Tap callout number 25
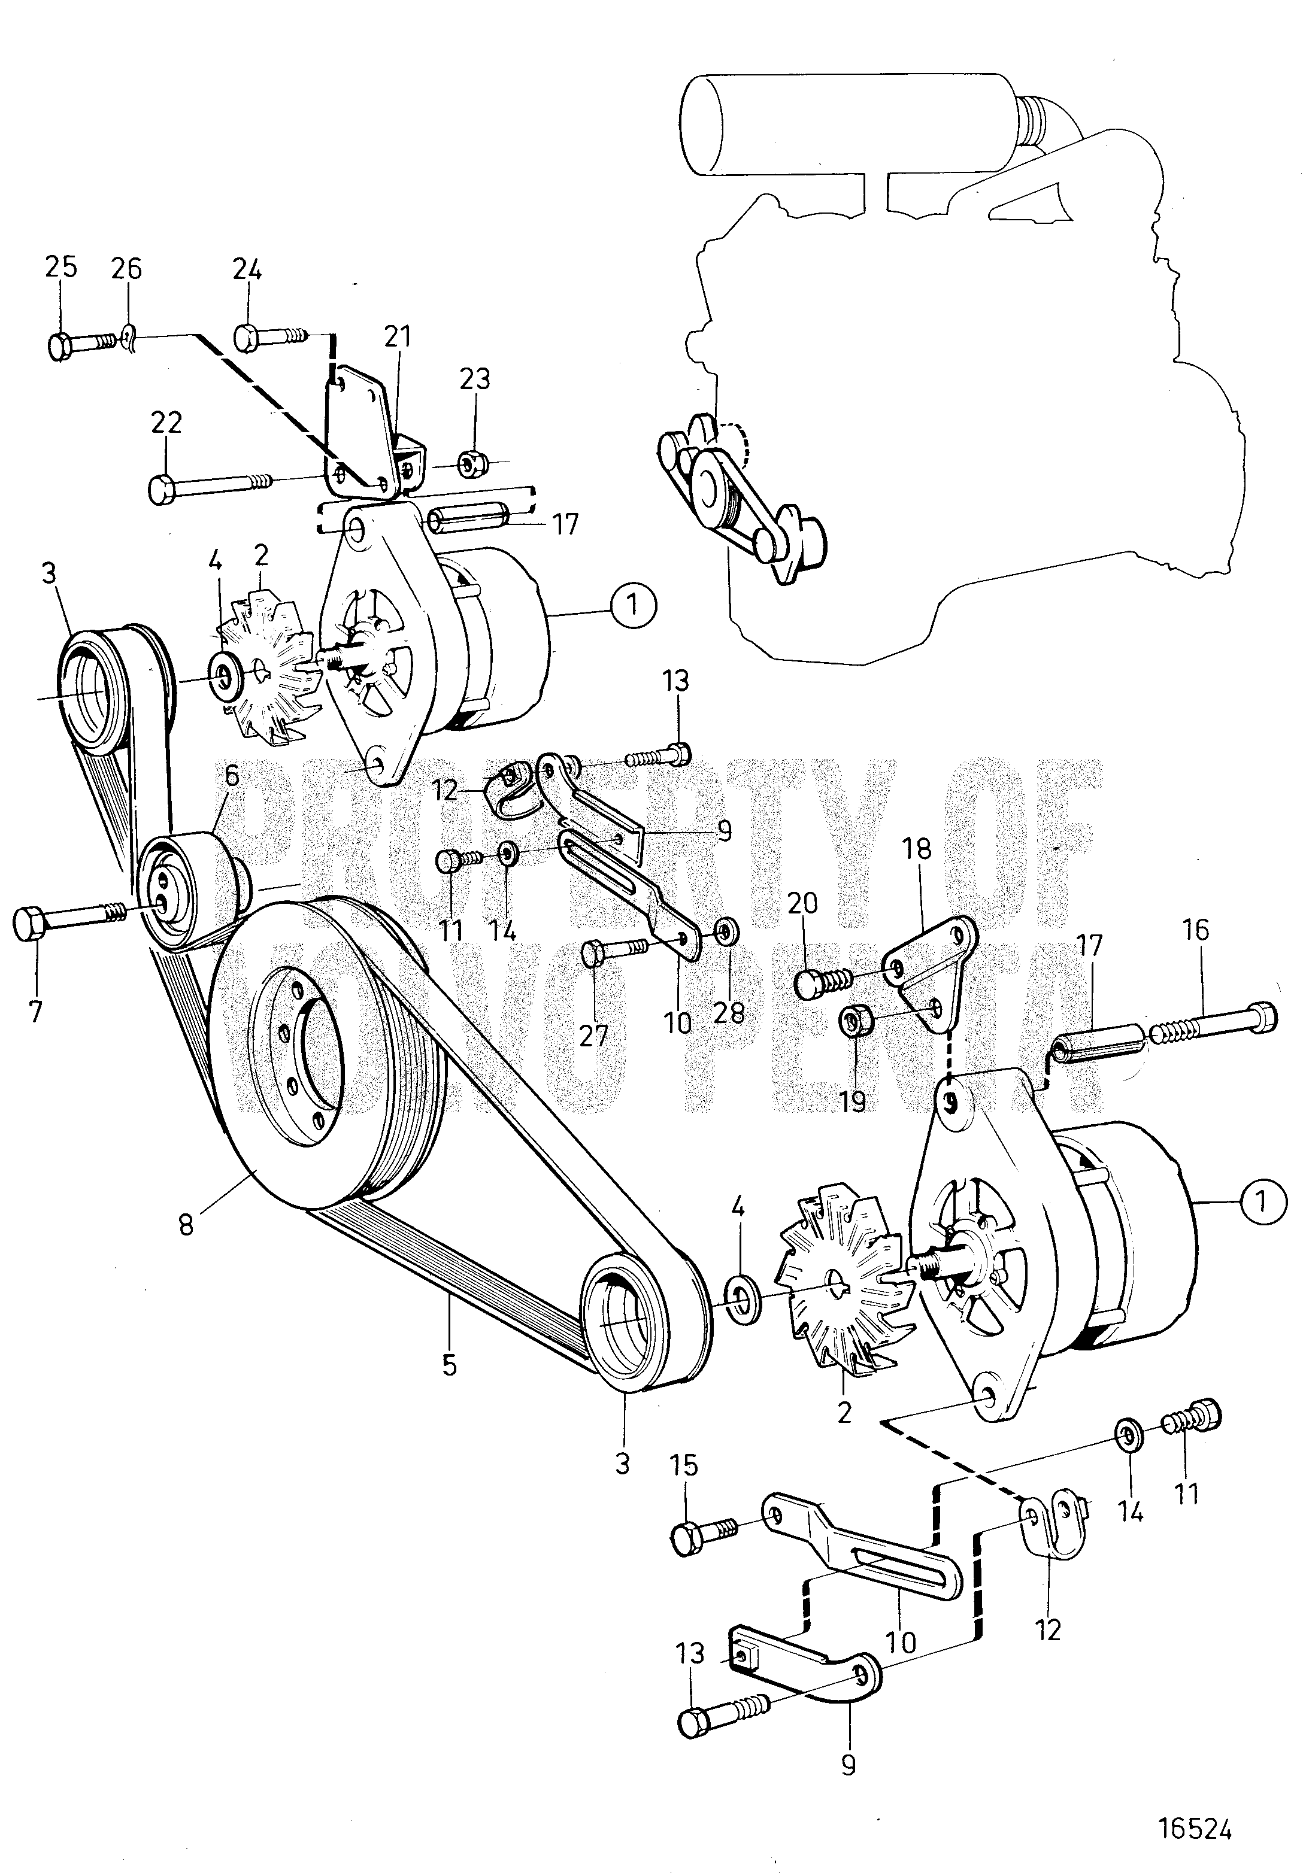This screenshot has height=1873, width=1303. [61, 268]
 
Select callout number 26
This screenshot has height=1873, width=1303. [126, 268]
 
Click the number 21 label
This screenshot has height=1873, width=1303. [399, 336]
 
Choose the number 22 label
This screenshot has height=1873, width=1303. [166, 423]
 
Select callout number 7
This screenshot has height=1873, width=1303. [37, 1012]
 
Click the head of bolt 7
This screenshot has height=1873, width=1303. [30, 925]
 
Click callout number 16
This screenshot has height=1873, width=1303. [1196, 930]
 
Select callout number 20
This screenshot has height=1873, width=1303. [803, 903]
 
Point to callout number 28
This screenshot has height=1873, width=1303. [729, 1012]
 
